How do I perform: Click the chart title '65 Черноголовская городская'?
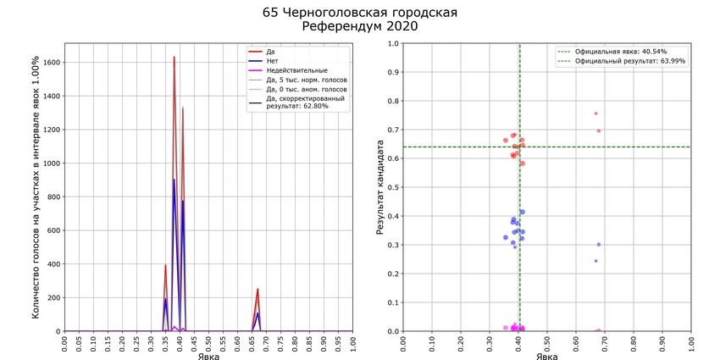tap(360, 13)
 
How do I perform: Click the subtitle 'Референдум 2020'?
tap(360, 27)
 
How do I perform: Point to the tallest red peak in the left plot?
tap(174, 57)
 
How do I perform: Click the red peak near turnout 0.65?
tap(258, 289)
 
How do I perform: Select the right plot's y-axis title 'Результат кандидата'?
tap(382, 187)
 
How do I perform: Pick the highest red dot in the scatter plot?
tap(595, 114)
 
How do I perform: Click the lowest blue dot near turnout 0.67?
tap(595, 261)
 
